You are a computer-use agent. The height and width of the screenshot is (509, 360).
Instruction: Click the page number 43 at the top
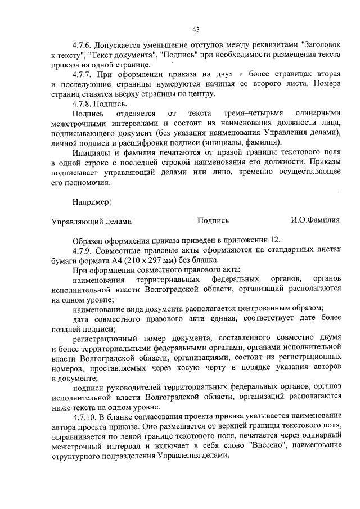coord(196,29)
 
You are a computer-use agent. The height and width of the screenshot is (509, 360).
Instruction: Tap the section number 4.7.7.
coord(82,75)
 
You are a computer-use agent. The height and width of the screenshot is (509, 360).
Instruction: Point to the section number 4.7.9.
coord(82,249)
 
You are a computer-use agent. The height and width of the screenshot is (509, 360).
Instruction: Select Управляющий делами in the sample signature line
coord(92,221)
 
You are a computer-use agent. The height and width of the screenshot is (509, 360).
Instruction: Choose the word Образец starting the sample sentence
coord(89,239)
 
